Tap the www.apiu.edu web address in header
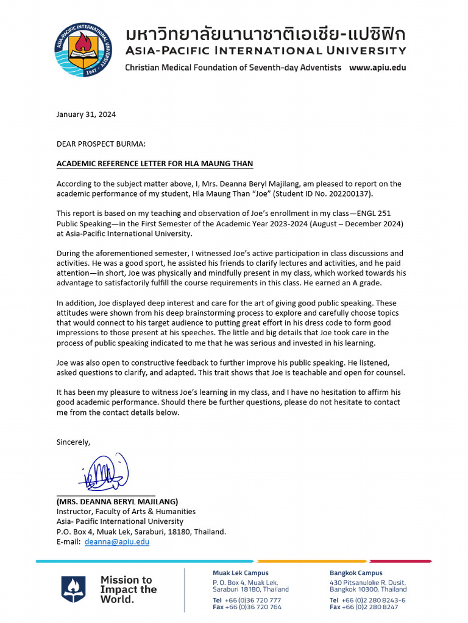[x=377, y=68]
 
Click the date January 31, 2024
[x=86, y=114]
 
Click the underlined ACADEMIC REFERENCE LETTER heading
[x=155, y=164]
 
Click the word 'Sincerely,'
[x=73, y=442]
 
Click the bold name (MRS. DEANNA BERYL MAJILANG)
[x=117, y=502]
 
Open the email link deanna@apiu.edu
[x=117, y=541]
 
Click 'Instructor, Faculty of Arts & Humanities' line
[x=126, y=512]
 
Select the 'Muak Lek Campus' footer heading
[x=240, y=573]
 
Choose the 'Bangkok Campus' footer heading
[x=356, y=573]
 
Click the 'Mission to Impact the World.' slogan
[x=128, y=589]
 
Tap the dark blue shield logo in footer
[x=73, y=589]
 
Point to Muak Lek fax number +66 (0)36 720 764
[x=247, y=607]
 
